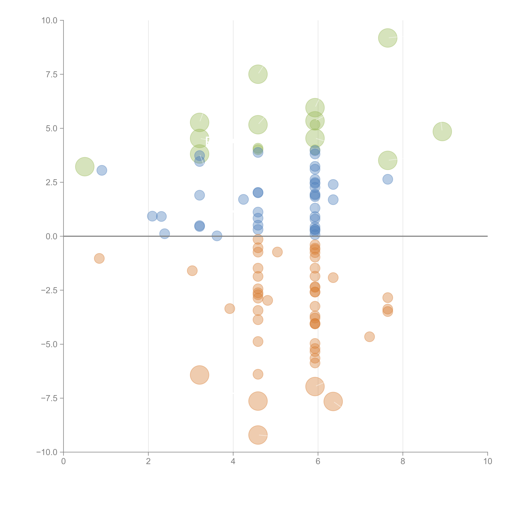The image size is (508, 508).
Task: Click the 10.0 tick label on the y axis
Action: click(x=49, y=21)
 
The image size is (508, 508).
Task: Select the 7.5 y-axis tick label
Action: click(x=52, y=74)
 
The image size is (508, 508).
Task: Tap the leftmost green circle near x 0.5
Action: click(x=85, y=167)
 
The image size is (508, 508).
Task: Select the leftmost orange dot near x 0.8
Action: click(x=99, y=258)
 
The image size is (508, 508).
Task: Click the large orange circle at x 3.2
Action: click(x=200, y=375)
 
